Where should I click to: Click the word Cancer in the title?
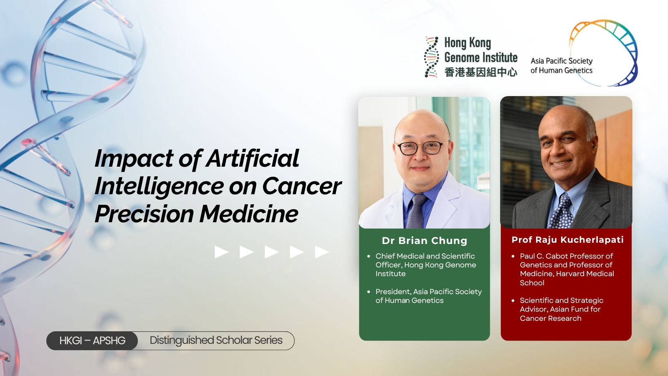301,186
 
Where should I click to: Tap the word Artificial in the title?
252,158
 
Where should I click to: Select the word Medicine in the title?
249,214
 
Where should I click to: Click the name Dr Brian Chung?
424,241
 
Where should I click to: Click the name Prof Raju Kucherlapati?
567,240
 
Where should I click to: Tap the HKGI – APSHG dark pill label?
92,340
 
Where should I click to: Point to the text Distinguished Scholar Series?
216,340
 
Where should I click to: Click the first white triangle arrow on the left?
222,252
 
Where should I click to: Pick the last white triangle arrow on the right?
322,252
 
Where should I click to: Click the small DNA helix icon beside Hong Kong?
431,57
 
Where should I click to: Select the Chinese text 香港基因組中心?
481,72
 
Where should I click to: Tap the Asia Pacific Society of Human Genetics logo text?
561,66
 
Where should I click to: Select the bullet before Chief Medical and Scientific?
369,256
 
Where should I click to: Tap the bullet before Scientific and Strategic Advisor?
513,300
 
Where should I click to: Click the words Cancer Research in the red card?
551,318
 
